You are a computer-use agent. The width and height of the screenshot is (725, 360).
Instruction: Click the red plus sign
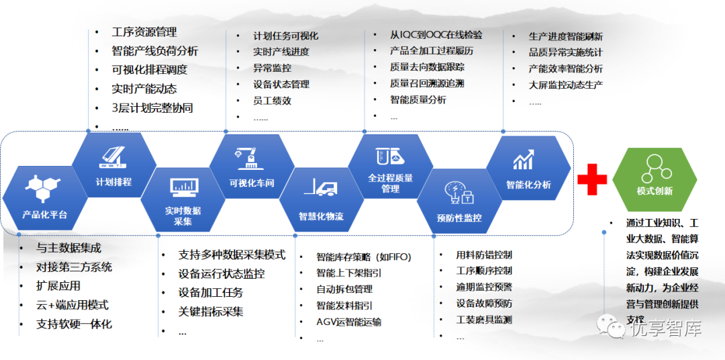click(592, 179)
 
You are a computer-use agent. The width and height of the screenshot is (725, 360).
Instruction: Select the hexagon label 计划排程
click(113, 182)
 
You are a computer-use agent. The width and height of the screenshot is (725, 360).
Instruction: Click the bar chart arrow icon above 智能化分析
click(524, 161)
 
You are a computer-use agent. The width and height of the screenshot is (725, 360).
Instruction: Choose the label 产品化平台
click(45, 214)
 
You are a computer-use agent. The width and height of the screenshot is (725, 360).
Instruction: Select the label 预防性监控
click(459, 218)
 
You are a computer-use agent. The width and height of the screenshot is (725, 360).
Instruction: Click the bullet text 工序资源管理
click(144, 32)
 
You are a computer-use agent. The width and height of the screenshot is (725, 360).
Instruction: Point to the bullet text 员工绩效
click(273, 101)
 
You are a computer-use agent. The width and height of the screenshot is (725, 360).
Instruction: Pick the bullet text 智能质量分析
click(418, 99)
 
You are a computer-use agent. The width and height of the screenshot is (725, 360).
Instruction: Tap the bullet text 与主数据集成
click(68, 248)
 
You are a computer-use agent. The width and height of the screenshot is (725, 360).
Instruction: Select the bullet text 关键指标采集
click(211, 312)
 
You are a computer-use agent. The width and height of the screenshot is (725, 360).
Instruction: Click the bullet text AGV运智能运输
click(348, 322)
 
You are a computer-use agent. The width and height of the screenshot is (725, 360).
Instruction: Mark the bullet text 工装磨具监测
click(484, 319)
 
